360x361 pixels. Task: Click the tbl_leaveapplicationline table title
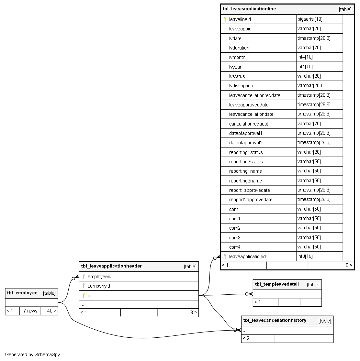pyautogui.click(x=249, y=9)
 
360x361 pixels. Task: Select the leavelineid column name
pyautogui.click(x=240, y=19)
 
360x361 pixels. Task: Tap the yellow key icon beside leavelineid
pyautogui.click(x=225, y=19)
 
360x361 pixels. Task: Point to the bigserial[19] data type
pyautogui.click(x=310, y=19)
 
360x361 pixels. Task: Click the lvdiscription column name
pyautogui.click(x=241, y=86)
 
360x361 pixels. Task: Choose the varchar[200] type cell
pyautogui.click(x=310, y=85)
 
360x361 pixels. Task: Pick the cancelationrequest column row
pyautogui.click(x=249, y=124)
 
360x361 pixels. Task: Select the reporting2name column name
pyautogui.click(x=245, y=181)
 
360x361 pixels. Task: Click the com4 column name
pyautogui.click(x=235, y=247)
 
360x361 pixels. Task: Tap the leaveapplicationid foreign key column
pyautogui.click(x=247, y=257)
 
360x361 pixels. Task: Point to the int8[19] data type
pyautogui.click(x=305, y=256)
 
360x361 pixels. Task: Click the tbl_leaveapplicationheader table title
pyautogui.click(x=111, y=266)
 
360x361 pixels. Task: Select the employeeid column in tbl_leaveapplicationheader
pyautogui.click(x=99, y=277)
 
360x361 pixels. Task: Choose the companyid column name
pyautogui.click(x=99, y=286)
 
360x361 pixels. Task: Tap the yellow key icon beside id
pyautogui.click(x=84, y=295)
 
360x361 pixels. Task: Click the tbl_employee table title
pyautogui.click(x=22, y=293)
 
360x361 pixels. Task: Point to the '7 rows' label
pyautogui.click(x=30, y=311)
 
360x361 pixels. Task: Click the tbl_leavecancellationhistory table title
pyautogui.click(x=275, y=321)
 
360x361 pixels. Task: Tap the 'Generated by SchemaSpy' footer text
pyautogui.click(x=33, y=355)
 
